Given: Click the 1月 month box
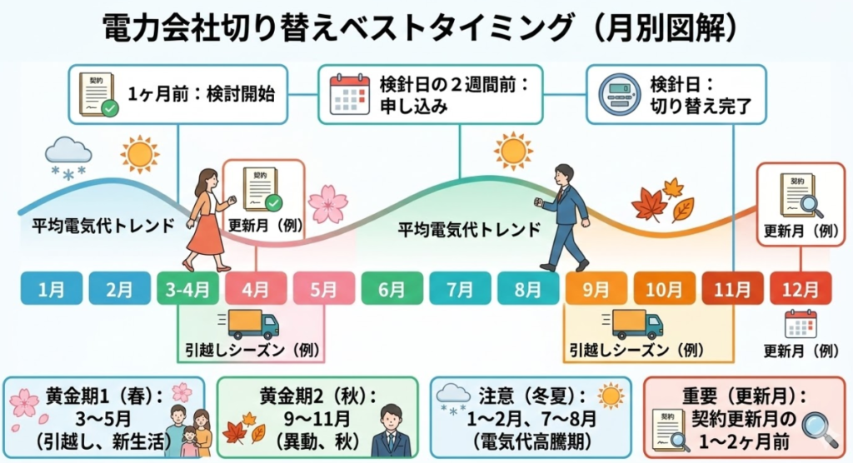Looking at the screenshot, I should (x=52, y=289).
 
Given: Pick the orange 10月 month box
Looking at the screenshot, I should (x=664, y=289).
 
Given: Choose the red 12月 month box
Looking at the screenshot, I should (x=800, y=289).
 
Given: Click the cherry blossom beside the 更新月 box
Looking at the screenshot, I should (x=327, y=203).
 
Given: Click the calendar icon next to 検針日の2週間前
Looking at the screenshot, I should (x=350, y=93).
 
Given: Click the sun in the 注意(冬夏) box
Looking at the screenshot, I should (x=610, y=395).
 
